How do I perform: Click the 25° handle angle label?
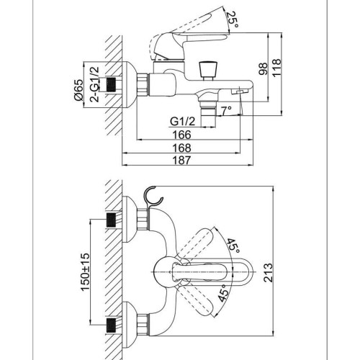(233, 19)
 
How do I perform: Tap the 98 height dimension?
(263, 69)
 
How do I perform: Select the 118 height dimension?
(276, 68)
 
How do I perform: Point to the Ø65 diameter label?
(78, 90)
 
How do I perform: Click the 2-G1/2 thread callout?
(94, 84)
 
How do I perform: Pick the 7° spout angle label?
(227, 111)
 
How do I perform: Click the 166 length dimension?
(182, 135)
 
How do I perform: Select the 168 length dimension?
(182, 148)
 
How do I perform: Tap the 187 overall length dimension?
(182, 161)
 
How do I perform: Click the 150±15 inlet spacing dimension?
(85, 272)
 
